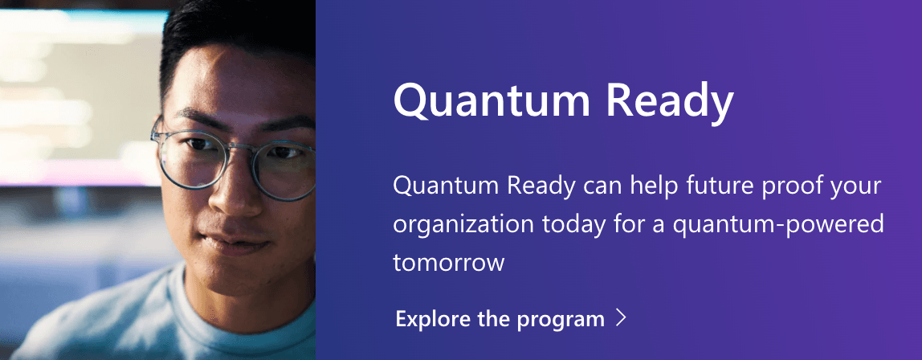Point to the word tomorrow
point(448,262)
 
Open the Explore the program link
point(500,319)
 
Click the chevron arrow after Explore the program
point(620,318)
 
